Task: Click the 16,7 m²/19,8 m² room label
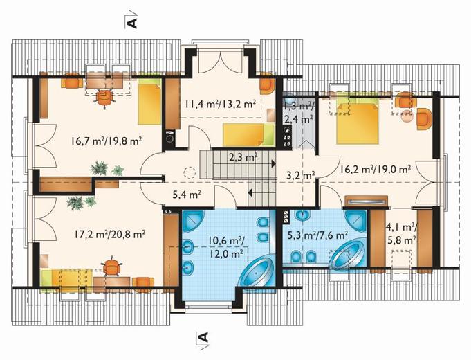(x=107, y=141)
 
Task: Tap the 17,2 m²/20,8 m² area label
(x=110, y=234)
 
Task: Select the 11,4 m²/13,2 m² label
(x=220, y=104)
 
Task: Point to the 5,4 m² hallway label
(x=187, y=195)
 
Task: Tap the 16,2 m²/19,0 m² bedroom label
(x=376, y=170)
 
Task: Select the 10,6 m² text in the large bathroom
(x=226, y=240)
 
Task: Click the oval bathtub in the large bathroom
(x=257, y=273)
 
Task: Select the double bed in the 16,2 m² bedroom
(x=357, y=122)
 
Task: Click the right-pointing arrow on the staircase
(x=274, y=164)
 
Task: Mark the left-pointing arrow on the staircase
(x=250, y=192)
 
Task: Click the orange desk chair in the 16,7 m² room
(x=104, y=97)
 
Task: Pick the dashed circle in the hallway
(x=190, y=173)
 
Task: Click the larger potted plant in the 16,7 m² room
(x=99, y=168)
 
